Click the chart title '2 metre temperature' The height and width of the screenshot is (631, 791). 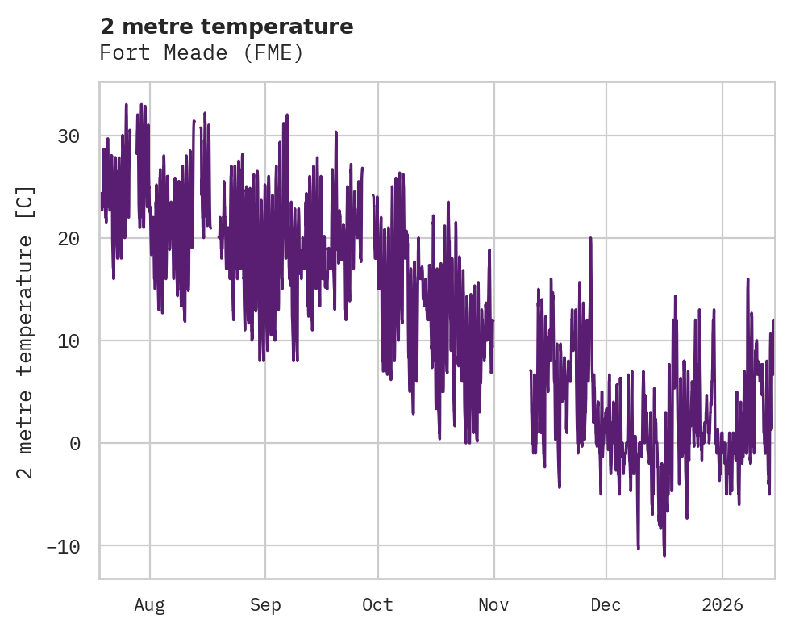(227, 27)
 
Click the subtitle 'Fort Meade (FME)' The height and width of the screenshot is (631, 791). (201, 53)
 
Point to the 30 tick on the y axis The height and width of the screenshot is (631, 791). (68, 136)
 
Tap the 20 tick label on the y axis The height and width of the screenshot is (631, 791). (68, 239)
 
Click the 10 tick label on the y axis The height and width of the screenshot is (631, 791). (68, 341)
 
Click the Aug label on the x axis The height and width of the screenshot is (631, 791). (150, 604)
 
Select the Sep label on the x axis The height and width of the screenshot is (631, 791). (264, 604)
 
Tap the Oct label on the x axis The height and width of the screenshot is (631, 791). (377, 604)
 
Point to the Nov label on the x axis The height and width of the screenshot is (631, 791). (493, 604)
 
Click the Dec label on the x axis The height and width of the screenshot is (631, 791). (606, 604)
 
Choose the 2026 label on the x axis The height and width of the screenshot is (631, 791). (722, 604)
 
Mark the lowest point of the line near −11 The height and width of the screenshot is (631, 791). (664, 555)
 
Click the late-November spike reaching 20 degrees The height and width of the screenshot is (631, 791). (590, 238)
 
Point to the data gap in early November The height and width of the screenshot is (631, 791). (511, 363)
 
